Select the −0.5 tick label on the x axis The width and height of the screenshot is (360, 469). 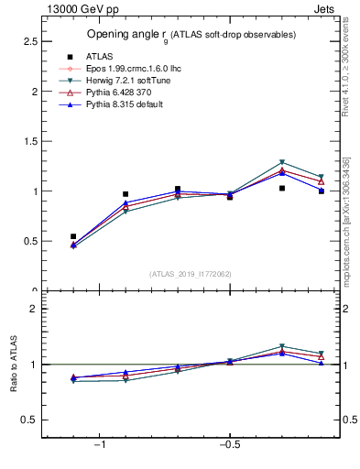click(229, 446)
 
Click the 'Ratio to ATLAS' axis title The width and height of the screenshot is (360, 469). click(14, 365)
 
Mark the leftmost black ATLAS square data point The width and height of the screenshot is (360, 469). click(73, 236)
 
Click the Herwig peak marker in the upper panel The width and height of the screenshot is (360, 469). click(282, 162)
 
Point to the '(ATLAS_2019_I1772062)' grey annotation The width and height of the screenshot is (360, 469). click(191, 274)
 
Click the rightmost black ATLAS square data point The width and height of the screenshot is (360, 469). click(322, 191)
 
